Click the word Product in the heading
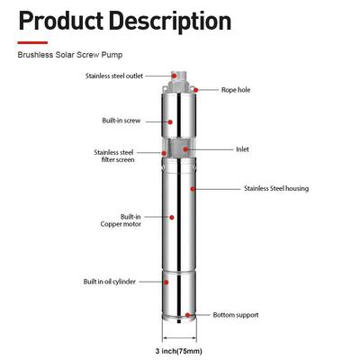tap(61, 21)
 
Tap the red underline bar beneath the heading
tap(32, 42)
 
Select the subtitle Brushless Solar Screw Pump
tap(70, 55)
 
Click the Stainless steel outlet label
tap(114, 76)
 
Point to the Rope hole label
tap(236, 90)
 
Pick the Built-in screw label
tap(121, 121)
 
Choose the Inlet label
tap(242, 149)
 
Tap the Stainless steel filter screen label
tap(114, 156)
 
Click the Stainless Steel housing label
tap(276, 188)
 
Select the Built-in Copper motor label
tap(121, 220)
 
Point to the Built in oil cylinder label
tap(110, 282)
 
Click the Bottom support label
tap(236, 315)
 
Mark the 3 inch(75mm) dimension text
tap(179, 351)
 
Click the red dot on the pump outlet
tap(174, 76)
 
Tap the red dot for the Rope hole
tap(196, 90)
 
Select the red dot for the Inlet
tap(185, 149)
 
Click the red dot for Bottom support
tap(187, 315)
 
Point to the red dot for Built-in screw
tap(170, 122)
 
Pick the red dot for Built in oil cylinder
tap(166, 282)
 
